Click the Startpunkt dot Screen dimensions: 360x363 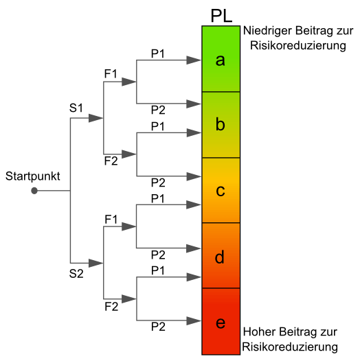click(34, 191)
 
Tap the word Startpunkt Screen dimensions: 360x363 click(33, 176)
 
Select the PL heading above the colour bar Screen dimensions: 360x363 click(221, 16)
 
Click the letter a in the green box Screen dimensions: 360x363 click(221, 60)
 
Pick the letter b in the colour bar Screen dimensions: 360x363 click(221, 124)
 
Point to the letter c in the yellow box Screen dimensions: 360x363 click(221, 191)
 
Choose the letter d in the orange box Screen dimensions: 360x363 click(220, 257)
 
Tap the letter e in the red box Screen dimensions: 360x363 click(221, 323)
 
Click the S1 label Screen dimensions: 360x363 click(76, 108)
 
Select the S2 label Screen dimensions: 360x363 click(76, 274)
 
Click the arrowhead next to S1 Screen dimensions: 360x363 click(95, 118)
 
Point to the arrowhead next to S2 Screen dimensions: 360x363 click(95, 264)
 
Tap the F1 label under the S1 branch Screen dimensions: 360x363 click(111, 74)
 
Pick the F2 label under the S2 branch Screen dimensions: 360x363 click(111, 307)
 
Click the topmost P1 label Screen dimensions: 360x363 click(158, 54)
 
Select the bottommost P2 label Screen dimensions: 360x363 click(158, 327)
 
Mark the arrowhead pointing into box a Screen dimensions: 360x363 click(194, 60)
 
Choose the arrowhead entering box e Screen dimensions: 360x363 click(194, 321)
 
